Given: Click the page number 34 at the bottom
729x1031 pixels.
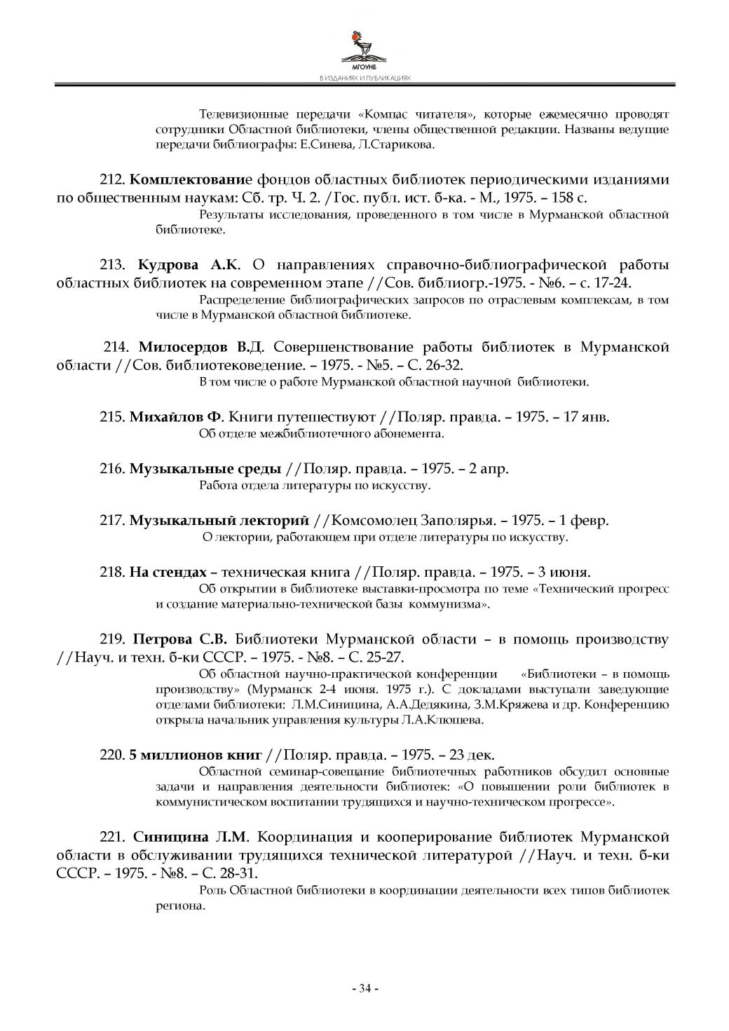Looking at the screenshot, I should pos(364,988).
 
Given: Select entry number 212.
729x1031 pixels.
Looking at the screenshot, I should pos(113,179).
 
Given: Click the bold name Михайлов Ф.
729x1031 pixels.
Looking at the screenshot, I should pos(175,417).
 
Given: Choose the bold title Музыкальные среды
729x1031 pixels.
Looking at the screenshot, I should pos(205,468).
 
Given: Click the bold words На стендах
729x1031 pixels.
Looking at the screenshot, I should pos(168,571).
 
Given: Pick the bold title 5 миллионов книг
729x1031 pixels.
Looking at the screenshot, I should pos(195,754).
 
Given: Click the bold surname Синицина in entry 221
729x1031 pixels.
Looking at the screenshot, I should pos(171,837).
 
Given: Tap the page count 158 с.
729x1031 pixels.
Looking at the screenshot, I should pos(567,198).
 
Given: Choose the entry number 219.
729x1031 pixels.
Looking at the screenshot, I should pos(113,639).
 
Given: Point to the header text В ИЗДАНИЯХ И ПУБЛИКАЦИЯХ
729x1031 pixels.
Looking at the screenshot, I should pos(364,78).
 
